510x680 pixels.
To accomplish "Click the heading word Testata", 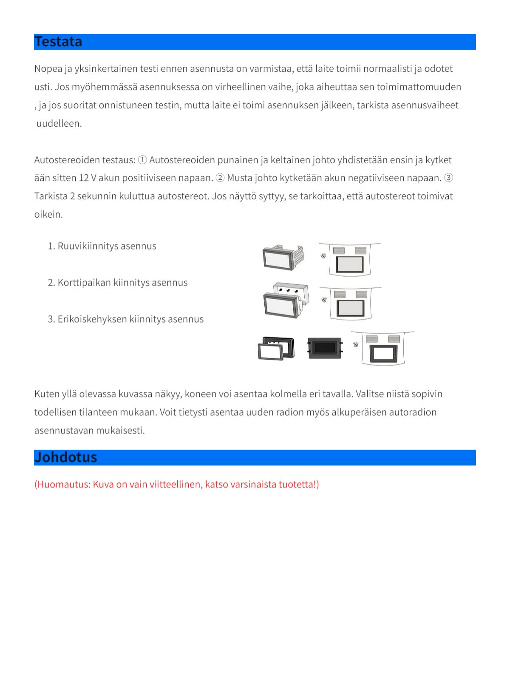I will click(58, 42).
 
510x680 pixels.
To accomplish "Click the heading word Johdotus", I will click(65, 457).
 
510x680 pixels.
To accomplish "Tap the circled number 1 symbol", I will click(142, 160).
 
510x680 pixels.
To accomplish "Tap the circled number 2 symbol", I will click(220, 178).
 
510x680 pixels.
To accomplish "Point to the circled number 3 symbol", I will click(448, 178).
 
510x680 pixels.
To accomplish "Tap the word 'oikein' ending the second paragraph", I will click(48, 214).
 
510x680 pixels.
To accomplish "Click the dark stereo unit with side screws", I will click(325, 348).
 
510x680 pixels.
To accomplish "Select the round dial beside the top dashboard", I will click(323, 256).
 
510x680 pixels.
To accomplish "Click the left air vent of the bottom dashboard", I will click(371, 339).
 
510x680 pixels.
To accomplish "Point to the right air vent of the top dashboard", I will click(360, 250).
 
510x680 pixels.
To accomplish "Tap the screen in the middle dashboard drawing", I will click(351, 308).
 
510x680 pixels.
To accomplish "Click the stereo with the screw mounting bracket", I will click(283, 258).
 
